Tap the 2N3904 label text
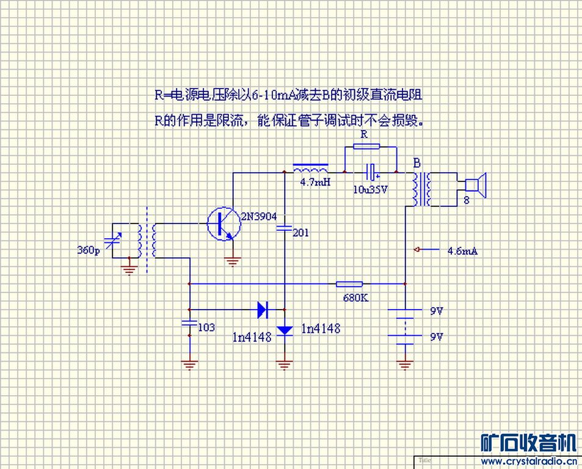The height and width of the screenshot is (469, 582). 258,216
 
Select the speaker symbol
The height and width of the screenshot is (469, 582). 475,186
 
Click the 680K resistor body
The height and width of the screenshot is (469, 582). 349,284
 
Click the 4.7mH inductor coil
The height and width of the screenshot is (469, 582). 310,169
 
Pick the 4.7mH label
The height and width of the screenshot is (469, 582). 315,182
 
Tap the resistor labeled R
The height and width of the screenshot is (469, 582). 366,147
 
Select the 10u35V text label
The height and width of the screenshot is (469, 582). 371,189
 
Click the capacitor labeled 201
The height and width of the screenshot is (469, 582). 285,228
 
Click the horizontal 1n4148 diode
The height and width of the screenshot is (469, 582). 263,309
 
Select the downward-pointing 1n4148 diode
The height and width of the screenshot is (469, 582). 285,330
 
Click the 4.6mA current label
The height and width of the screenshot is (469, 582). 462,250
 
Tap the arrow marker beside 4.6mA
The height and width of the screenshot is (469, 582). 418,249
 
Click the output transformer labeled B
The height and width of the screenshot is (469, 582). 422,189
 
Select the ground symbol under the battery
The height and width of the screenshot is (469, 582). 405,365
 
